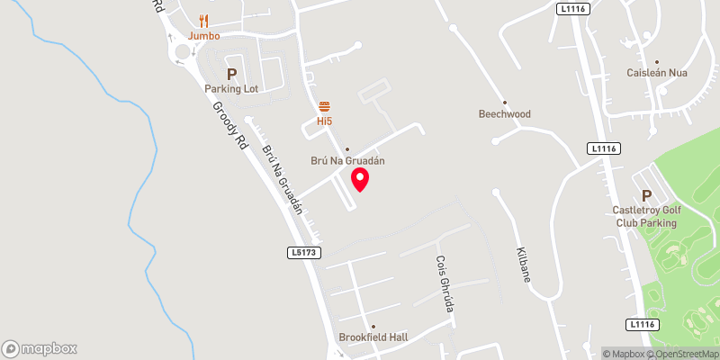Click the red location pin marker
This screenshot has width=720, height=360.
pos(360,178)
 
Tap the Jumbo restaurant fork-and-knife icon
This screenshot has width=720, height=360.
pos(204,20)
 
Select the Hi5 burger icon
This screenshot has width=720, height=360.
pos(325,105)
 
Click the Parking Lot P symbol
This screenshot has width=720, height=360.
pos(231,74)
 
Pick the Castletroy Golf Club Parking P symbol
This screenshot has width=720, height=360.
pos(644,196)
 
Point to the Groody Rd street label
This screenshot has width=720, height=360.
pos(229,123)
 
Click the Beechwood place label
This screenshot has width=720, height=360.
pos(505,114)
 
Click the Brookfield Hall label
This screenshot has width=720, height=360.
pos(373,337)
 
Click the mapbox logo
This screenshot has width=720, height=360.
pos(40,348)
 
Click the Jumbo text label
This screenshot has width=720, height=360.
pos(204,36)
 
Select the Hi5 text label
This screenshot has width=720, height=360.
pos(325,120)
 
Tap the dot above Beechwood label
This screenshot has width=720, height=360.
pos(505,102)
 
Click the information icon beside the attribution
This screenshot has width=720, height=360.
pos(593,353)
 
